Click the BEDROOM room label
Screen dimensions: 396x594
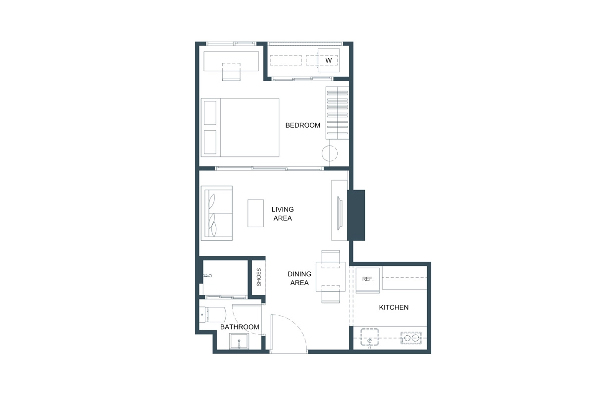[302, 125]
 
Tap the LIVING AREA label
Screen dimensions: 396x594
[282, 214]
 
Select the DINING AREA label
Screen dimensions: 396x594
[299, 278]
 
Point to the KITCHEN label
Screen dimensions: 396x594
[394, 307]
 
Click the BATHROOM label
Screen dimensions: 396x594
[240, 327]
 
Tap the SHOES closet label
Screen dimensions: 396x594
[258, 277]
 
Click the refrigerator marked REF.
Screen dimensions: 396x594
[367, 279]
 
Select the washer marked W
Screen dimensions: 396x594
[328, 60]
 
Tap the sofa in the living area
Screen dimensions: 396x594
[216, 213]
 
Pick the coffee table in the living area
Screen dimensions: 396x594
[255, 213]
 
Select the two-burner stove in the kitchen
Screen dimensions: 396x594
[411, 339]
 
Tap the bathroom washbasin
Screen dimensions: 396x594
[239, 342]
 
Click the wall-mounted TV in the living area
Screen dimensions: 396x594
[339, 213]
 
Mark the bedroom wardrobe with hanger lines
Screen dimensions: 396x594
[337, 113]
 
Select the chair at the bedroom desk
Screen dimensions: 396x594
[231, 72]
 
